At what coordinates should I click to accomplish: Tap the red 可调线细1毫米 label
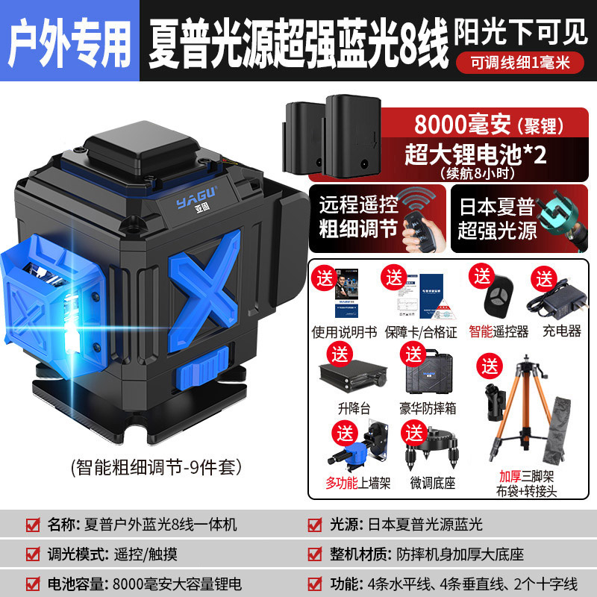click(521, 63)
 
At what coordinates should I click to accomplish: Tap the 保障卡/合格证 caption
click(417, 331)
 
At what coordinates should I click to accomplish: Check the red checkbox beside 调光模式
click(32, 554)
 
